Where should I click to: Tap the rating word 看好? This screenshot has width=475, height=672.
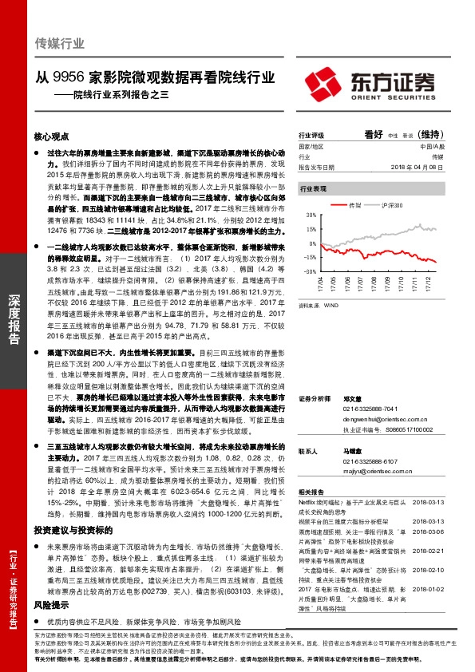[x=374, y=135]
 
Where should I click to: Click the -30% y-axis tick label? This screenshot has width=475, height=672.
[x=309, y=271]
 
